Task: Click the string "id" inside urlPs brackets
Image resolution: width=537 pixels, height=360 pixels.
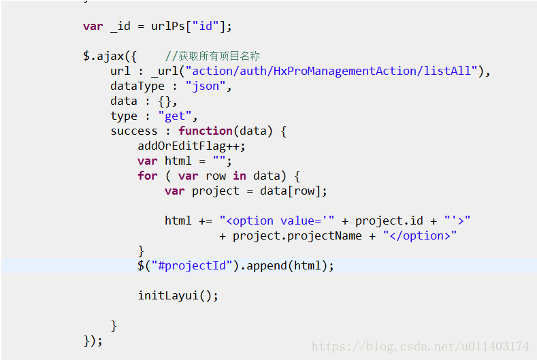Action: [x=208, y=27]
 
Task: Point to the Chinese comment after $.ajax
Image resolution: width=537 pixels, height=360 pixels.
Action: [x=212, y=56]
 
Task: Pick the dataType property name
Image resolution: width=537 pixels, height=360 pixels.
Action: [x=137, y=86]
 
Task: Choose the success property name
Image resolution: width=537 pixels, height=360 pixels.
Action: [x=133, y=131]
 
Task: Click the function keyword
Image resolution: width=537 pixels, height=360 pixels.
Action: [x=205, y=131]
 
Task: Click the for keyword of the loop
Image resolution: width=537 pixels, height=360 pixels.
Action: [x=147, y=176]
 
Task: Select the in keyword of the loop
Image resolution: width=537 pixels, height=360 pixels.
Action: [x=240, y=176]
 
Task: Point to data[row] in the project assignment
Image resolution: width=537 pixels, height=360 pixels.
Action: [x=293, y=191]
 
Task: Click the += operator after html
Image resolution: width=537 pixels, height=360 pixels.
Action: [x=205, y=220]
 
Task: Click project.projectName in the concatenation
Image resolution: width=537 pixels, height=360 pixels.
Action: [x=297, y=235]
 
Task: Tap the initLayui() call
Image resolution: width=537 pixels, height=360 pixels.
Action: [x=178, y=295]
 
